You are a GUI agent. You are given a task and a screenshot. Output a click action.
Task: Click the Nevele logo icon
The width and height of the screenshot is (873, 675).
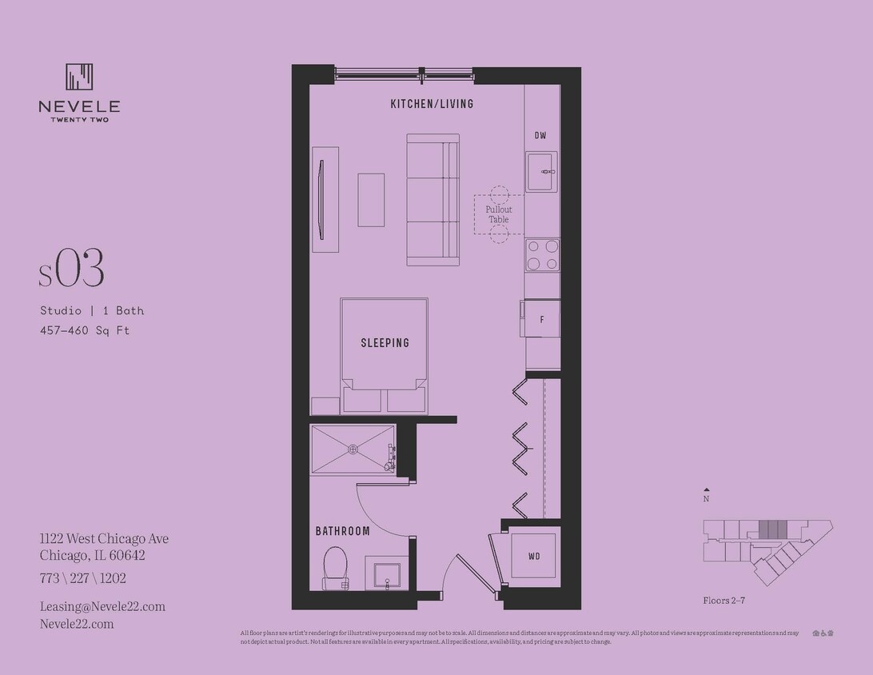click(x=79, y=77)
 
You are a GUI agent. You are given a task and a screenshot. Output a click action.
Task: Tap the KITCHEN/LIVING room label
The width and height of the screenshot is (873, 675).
click(x=432, y=104)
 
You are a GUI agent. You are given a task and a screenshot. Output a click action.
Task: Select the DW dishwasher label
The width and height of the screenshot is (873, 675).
click(x=541, y=136)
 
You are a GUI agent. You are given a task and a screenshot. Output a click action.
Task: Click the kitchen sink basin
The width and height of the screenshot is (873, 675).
click(x=541, y=172)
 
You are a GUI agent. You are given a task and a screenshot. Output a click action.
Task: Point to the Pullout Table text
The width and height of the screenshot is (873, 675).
click(x=498, y=214)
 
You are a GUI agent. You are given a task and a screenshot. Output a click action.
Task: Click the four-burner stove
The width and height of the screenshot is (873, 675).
click(x=542, y=255)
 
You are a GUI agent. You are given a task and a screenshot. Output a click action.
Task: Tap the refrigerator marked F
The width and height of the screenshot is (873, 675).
click(x=542, y=319)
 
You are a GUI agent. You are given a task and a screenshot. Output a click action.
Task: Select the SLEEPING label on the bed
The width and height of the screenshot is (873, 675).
click(x=385, y=343)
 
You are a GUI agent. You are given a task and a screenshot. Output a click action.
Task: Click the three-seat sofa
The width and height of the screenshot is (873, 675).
click(x=433, y=199)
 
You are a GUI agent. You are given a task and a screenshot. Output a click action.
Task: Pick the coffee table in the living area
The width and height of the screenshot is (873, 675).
click(x=371, y=200)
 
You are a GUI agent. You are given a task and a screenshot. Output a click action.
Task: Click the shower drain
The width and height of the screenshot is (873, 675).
click(x=353, y=449)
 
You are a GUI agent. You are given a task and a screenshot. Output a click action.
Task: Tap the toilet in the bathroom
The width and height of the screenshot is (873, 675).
click(x=335, y=566)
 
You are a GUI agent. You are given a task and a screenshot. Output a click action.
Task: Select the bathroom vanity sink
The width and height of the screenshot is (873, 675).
click(x=387, y=573)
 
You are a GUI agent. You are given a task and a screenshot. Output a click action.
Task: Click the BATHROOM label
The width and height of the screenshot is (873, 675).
click(x=342, y=531)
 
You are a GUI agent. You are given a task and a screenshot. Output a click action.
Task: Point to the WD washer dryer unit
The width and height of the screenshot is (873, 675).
click(x=534, y=556)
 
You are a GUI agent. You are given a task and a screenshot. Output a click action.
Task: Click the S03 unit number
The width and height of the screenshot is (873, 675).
click(x=72, y=270)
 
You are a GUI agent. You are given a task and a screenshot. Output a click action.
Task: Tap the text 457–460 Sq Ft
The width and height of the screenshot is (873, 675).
click(x=85, y=330)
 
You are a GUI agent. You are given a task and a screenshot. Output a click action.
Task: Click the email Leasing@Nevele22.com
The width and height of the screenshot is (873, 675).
click(x=102, y=606)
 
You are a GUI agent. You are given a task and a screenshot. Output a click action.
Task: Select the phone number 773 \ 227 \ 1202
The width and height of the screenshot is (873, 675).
click(x=83, y=578)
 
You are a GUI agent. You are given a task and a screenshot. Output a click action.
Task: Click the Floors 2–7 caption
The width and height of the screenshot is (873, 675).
click(x=724, y=600)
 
